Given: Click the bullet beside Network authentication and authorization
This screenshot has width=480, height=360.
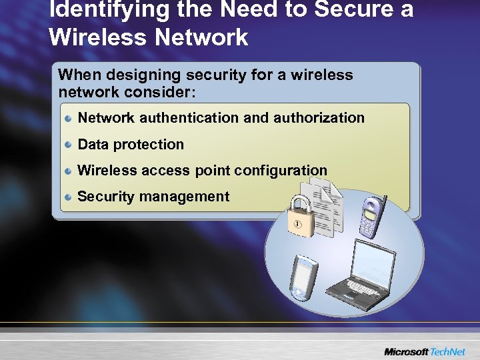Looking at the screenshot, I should coord(69,118).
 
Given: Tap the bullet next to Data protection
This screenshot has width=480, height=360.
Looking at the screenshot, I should coord(69,145).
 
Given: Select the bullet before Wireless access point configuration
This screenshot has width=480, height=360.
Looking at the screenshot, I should coord(69,171).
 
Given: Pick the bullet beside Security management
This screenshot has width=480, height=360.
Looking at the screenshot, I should coord(69,197).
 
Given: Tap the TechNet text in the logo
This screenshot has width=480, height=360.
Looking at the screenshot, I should coord(449,351).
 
